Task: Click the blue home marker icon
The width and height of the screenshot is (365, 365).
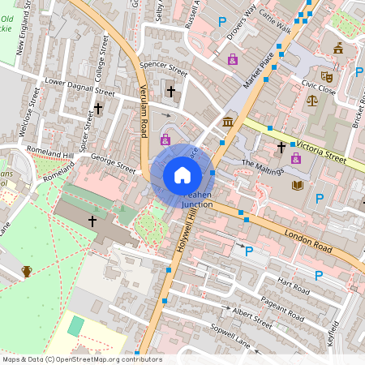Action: point(182,174)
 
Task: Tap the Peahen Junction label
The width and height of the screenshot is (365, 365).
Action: point(197,200)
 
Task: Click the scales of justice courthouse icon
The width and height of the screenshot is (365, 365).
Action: point(312,101)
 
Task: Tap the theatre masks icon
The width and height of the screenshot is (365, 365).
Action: point(327,77)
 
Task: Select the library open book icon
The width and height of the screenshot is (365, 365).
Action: point(296,186)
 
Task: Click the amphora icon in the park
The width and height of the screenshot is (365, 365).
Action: point(27,270)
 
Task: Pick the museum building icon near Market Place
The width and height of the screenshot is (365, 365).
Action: point(228,122)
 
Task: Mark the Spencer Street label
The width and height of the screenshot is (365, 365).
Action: point(163,69)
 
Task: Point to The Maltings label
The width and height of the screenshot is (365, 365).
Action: point(263,166)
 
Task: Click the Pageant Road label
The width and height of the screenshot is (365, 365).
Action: point(283,308)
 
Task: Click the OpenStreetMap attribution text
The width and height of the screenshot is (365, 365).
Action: point(82,359)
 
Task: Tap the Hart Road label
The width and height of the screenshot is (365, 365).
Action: point(293,286)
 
